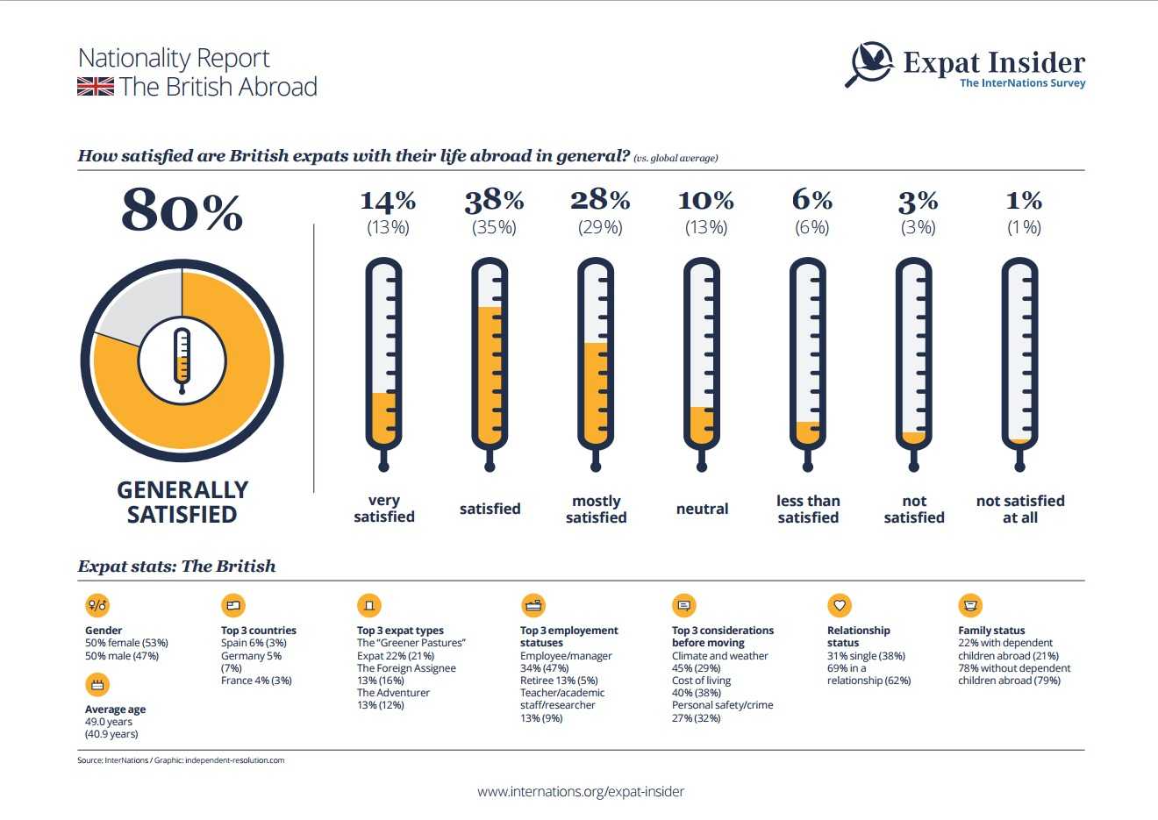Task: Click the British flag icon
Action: (96, 87)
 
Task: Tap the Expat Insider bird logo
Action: (871, 63)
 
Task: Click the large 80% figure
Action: (182, 210)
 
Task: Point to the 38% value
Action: (494, 201)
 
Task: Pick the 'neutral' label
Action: (702, 509)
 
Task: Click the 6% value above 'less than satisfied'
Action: (811, 200)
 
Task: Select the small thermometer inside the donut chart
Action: (182, 360)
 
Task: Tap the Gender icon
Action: (97, 605)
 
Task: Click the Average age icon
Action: (97, 684)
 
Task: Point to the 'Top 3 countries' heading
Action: (259, 631)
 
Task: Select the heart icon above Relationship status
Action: (840, 605)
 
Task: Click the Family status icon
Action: (970, 605)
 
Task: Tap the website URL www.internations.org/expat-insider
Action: (581, 791)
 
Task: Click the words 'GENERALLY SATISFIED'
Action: (182, 502)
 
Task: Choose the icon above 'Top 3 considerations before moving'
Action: (684, 605)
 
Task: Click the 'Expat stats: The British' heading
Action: (176, 567)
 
